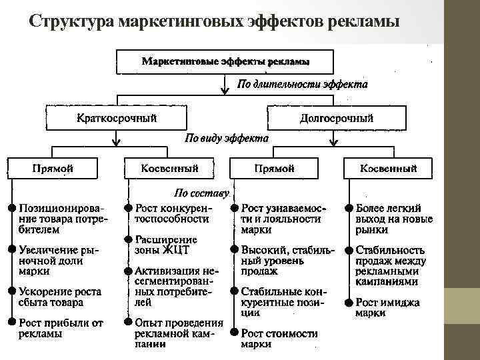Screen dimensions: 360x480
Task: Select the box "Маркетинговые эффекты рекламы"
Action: [225, 61]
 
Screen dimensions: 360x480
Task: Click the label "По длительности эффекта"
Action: [303, 85]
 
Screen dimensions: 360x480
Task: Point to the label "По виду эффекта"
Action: [226, 139]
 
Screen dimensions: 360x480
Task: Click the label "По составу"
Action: [201, 193]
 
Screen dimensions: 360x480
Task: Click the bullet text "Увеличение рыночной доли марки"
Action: [59, 260]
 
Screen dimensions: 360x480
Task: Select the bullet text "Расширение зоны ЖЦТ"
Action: [166, 245]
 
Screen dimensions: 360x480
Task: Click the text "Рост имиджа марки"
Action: [387, 307]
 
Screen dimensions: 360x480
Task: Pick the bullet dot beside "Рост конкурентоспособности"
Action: [129, 207]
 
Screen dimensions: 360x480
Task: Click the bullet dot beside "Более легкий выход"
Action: [349, 207]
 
